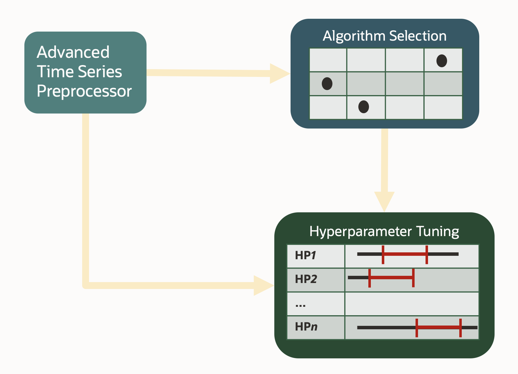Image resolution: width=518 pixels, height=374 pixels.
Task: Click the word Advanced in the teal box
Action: coord(73,52)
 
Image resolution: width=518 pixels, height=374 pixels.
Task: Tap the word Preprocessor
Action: coord(84,91)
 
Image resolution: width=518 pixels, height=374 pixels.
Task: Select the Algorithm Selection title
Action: coord(384,36)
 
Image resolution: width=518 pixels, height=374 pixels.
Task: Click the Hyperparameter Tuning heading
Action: coord(384,231)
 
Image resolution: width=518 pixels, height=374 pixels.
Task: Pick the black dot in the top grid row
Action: coord(441,61)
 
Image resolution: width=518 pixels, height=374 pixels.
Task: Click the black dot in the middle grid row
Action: coord(327,83)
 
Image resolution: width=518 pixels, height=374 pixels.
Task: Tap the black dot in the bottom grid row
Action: coord(363,107)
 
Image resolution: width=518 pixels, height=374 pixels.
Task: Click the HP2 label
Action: coord(306,279)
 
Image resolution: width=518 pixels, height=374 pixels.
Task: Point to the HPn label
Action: coord(306,327)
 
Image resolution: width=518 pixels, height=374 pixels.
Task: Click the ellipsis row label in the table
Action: coord(300,304)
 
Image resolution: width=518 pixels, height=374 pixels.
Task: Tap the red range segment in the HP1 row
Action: coord(405,254)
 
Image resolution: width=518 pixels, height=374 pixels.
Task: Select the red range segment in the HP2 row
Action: coord(391,277)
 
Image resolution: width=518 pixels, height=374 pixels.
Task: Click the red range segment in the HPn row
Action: coord(438,327)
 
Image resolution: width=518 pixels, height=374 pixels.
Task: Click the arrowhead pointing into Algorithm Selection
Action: coord(279,73)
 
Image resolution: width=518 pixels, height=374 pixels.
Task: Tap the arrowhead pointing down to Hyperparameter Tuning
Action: coord(385,201)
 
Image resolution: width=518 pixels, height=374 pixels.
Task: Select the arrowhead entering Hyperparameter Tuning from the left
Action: coord(263,286)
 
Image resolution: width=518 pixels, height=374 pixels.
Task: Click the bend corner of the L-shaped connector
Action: coord(86,285)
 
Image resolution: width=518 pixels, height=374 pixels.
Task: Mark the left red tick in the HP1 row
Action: coord(383,255)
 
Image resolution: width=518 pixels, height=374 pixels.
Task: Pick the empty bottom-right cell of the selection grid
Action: coord(443,108)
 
